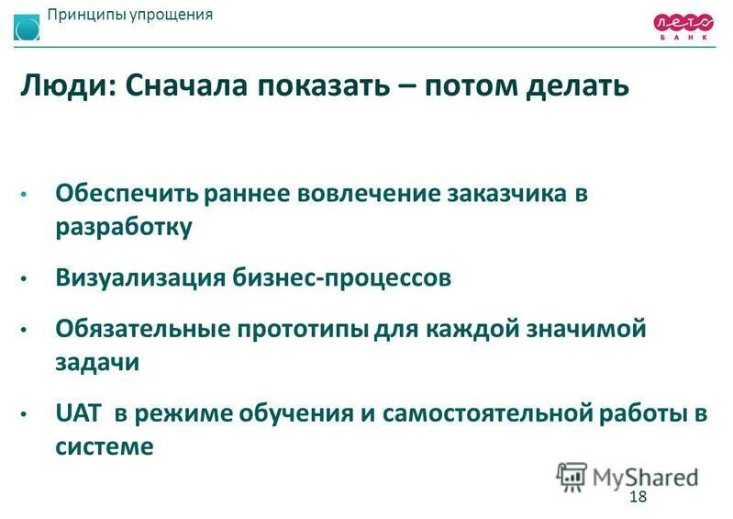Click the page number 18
639,497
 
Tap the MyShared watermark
627,476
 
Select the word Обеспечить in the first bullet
127,195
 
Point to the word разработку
124,228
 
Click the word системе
103,446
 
